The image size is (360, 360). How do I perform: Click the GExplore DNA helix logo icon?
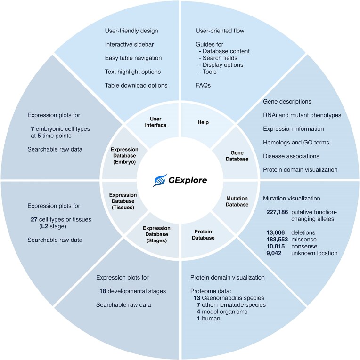click(x=160, y=180)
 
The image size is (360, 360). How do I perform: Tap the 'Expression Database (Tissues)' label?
click(x=122, y=201)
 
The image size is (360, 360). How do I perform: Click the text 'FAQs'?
click(x=203, y=85)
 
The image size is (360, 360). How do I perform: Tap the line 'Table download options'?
click(x=136, y=85)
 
